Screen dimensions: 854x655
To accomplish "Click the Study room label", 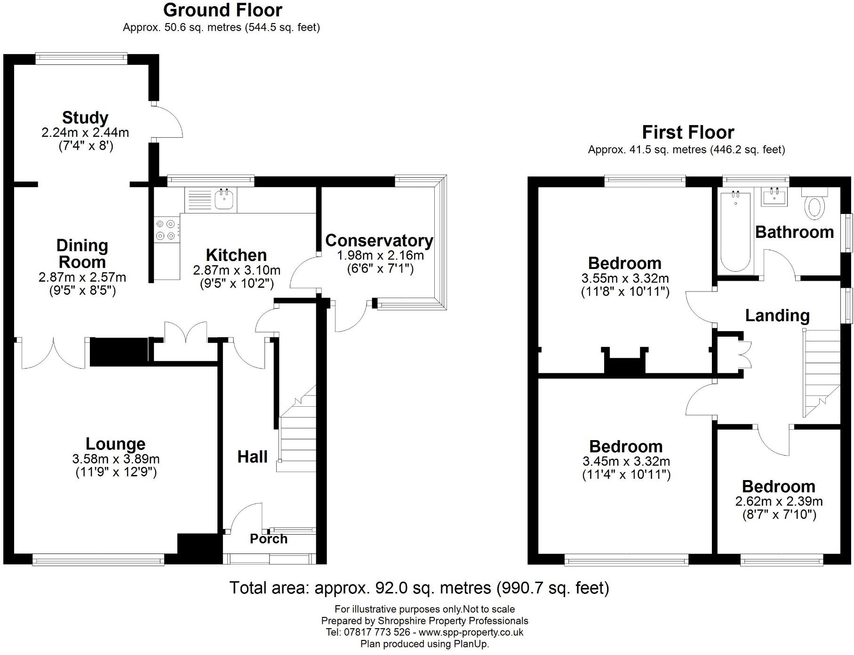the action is (85, 118).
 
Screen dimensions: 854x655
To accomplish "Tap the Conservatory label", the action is (379, 240).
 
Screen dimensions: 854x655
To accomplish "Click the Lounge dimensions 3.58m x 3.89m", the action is (116, 459).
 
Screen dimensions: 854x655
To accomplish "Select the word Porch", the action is (268, 539).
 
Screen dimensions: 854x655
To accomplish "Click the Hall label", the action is (252, 457).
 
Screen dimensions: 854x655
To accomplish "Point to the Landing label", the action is (777, 316).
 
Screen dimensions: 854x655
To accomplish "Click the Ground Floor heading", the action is (223, 10).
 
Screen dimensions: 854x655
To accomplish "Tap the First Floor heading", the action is (688, 133).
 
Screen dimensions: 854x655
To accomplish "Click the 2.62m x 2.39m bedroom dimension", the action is (779, 502).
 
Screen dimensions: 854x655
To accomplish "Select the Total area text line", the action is (419, 588).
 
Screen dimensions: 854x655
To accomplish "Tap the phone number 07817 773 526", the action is (377, 632).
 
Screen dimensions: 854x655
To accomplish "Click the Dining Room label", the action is (82, 253).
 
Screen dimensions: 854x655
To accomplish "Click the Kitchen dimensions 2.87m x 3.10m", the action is (236, 270).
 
